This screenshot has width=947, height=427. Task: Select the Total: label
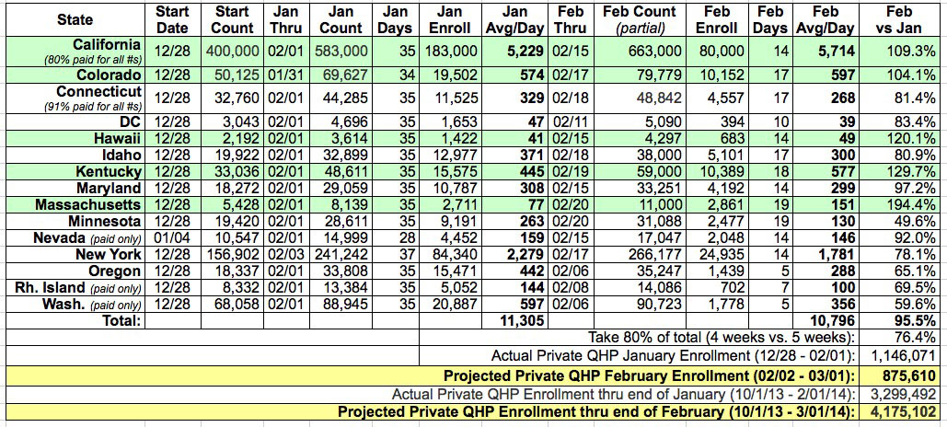(x=115, y=320)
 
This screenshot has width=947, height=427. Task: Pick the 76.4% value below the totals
(x=916, y=338)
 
